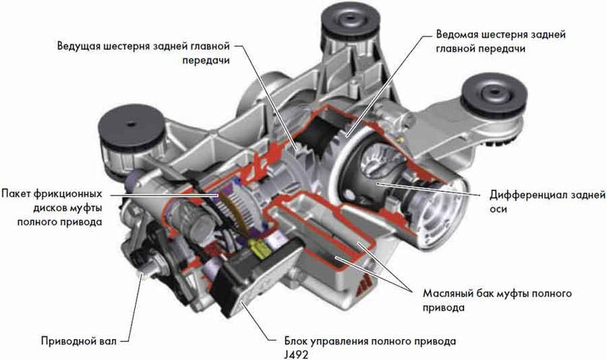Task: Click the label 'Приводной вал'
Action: (79, 341)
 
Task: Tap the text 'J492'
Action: (296, 354)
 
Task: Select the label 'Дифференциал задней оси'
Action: (547, 202)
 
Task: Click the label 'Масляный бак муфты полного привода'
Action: (497, 300)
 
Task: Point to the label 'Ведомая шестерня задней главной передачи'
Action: (501, 41)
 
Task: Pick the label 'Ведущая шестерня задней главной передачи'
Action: (144, 53)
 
